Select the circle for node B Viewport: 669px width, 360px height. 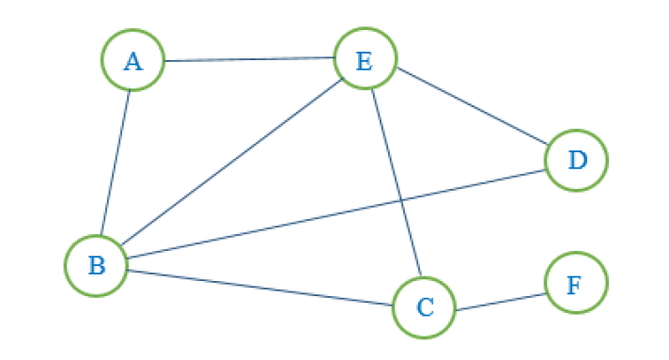click(96, 265)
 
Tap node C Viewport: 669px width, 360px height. click(424, 306)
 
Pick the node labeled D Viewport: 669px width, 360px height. click(576, 160)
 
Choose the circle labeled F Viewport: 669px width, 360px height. click(576, 282)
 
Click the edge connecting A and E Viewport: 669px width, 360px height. click(249, 59)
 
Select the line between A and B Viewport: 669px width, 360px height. click(115, 162)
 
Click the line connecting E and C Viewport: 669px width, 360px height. click(395, 183)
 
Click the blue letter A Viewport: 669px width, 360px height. click(132, 62)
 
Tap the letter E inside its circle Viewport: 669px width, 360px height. click(365, 61)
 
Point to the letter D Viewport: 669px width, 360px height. click(576, 161)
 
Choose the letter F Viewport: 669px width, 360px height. click(575, 283)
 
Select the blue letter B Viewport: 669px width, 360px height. click(96, 266)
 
